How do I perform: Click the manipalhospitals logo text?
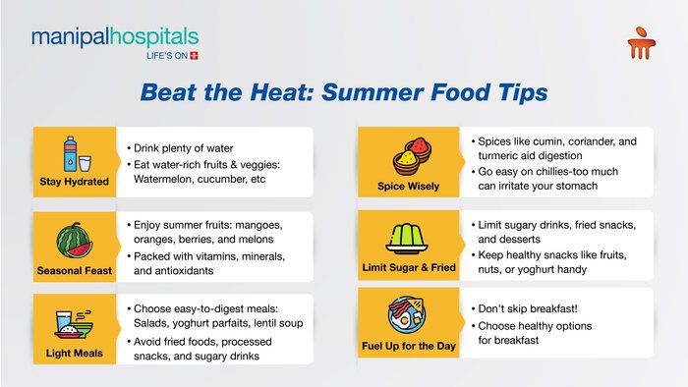coord(115,37)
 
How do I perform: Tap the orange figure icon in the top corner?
coord(642,43)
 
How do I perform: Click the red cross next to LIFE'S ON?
coord(194,56)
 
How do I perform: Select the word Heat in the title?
coord(282,92)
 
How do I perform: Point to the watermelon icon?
coord(74,241)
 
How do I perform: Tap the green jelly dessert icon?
coord(406,239)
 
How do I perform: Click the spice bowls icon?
coord(412,156)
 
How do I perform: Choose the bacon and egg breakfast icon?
coord(406,314)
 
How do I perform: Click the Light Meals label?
coord(74,354)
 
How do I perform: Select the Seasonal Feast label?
coord(74,271)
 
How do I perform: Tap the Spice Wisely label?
coord(408,187)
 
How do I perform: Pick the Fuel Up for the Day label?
coord(409,346)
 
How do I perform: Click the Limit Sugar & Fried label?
coord(409,267)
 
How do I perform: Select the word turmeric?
coord(497,155)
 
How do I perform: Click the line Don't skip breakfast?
coord(528,308)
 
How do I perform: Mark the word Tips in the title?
coord(523,93)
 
